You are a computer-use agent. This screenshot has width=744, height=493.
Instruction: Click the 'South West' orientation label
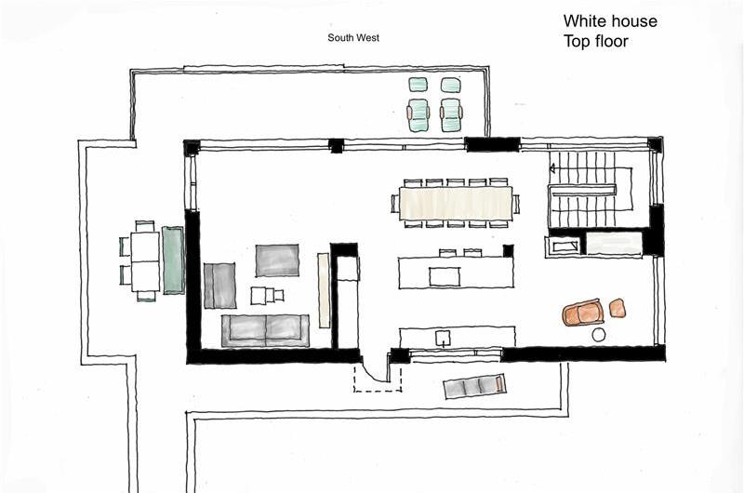tap(353, 37)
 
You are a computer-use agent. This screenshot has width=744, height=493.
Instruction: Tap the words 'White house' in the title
tap(610, 20)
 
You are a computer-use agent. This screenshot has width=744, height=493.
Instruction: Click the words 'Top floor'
tap(596, 41)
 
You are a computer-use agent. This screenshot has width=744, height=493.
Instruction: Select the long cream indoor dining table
tap(456, 204)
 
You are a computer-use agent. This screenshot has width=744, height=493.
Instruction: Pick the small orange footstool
tap(617, 308)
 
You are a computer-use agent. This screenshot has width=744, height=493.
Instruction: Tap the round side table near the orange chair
tap(599, 335)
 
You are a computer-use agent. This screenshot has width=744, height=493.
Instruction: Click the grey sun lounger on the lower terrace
tap(474, 386)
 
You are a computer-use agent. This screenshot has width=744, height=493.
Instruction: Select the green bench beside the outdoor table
tap(173, 260)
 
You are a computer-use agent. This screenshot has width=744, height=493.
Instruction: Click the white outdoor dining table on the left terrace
tap(145, 261)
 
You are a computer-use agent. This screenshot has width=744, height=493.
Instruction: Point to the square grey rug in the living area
tap(277, 260)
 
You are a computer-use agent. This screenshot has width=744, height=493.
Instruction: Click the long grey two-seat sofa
tap(265, 330)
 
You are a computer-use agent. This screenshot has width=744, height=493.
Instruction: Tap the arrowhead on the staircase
tap(552, 168)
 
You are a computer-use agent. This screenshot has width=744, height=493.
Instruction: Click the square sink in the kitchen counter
tap(443, 339)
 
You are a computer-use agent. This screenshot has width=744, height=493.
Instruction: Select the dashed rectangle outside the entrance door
tap(378, 379)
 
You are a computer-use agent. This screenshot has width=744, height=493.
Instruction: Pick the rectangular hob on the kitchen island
tap(445, 276)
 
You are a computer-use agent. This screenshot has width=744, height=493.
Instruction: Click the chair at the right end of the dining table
tap(516, 204)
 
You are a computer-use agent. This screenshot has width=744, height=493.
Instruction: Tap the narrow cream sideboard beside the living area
tap(324, 290)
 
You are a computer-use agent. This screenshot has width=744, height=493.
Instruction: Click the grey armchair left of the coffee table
tap(219, 286)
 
